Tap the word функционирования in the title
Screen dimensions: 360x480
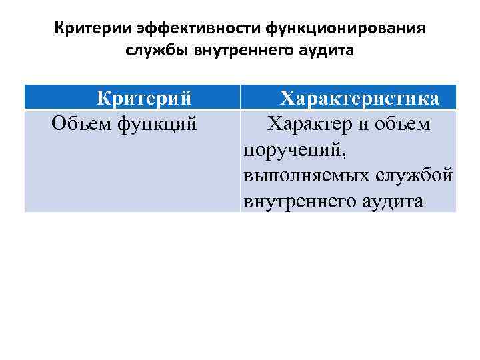click(345, 30)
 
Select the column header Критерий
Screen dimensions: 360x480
click(144, 98)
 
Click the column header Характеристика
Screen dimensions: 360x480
click(359, 98)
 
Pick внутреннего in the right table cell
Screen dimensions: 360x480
click(295, 201)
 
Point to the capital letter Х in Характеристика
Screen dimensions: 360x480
click(287, 98)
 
